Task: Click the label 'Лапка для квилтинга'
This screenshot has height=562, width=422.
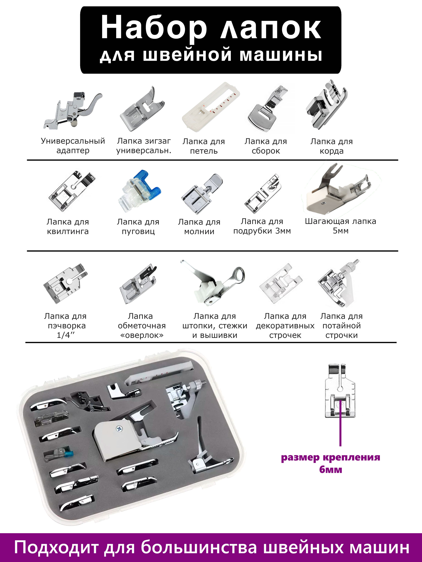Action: pos(68,227)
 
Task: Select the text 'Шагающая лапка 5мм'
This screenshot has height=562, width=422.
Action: pos(341,226)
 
